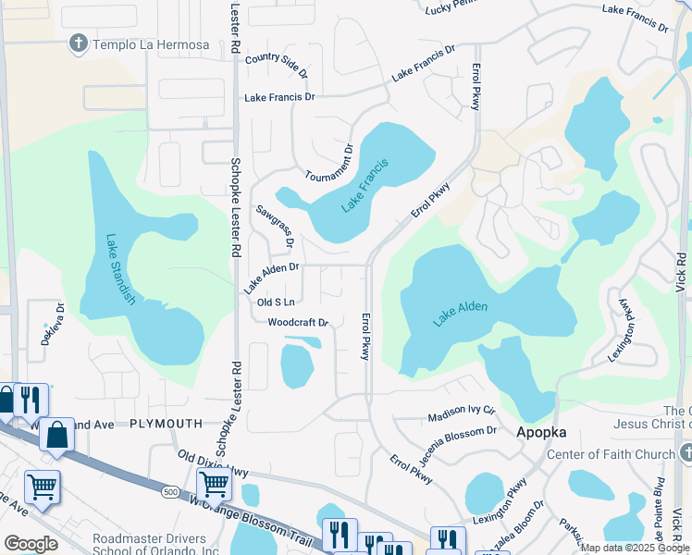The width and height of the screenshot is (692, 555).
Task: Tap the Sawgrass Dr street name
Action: tap(275, 228)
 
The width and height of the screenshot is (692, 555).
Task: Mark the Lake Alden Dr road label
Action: tap(271, 277)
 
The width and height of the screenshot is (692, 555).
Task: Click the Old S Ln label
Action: tap(276, 302)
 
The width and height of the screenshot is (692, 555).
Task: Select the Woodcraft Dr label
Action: tap(298, 323)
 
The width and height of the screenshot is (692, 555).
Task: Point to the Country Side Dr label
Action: tap(277, 64)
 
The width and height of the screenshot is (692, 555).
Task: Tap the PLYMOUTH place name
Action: tap(166, 423)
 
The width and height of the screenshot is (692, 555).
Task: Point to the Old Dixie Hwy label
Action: tap(214, 462)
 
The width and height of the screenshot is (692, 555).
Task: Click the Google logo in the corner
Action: tap(31, 543)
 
